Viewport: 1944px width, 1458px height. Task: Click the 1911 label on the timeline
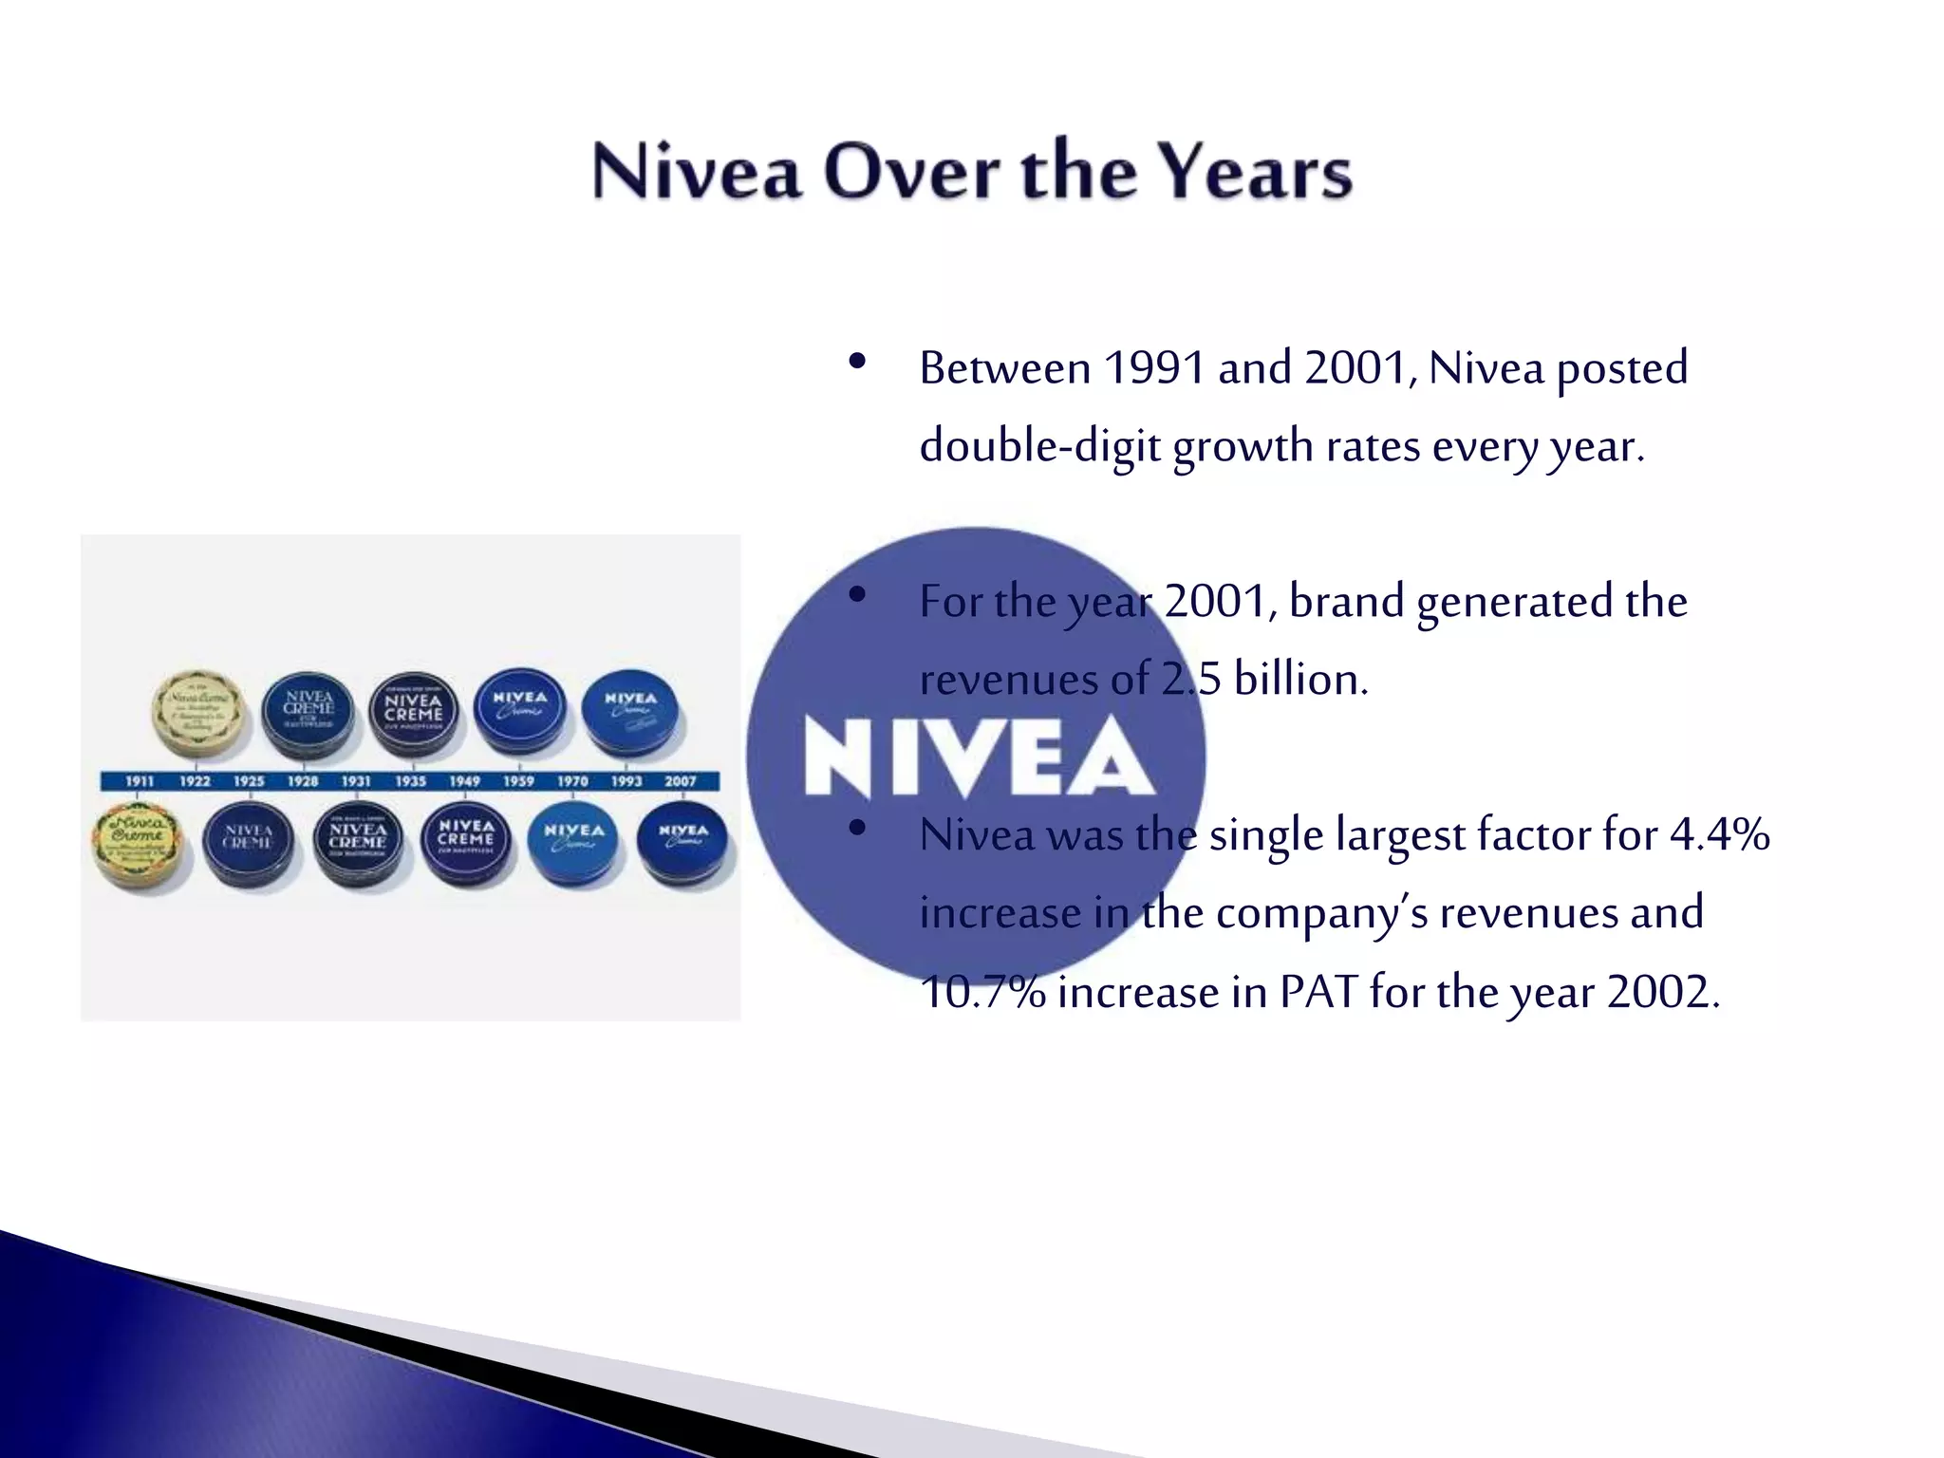tap(140, 781)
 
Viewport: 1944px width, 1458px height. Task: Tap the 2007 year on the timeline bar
tap(681, 781)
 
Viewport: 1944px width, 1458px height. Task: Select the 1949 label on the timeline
tap(465, 781)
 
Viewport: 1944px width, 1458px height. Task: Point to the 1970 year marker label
tap(572, 781)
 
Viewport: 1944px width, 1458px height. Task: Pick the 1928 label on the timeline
tap(303, 781)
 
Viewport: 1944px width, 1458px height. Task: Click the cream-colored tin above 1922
tap(200, 713)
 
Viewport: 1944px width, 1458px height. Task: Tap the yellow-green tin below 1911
tap(139, 845)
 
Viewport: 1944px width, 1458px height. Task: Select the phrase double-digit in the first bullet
tap(1039, 446)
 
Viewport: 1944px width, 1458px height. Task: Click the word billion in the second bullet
tap(1300, 680)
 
